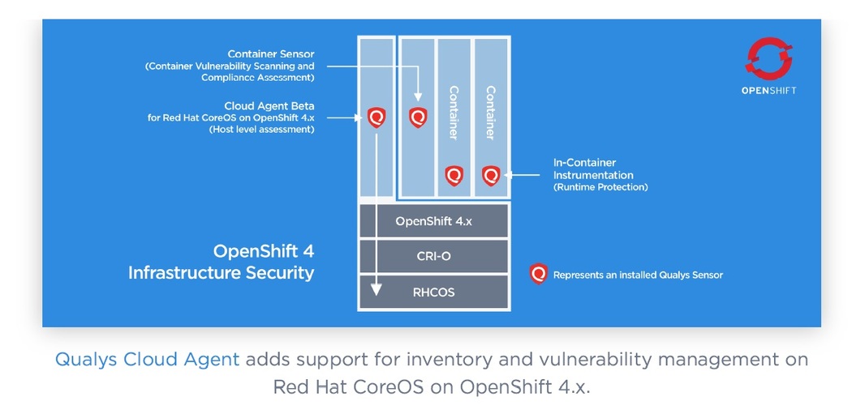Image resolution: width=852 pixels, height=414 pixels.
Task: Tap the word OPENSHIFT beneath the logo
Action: pyautogui.click(x=768, y=91)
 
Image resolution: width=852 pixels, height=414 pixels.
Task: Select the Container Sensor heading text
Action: pyautogui.click(x=271, y=54)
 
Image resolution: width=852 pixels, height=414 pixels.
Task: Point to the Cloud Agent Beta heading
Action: pyautogui.click(x=269, y=106)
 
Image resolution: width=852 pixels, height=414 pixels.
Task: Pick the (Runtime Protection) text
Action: pyautogui.click(x=600, y=187)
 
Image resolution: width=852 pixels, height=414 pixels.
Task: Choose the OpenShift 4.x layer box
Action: pyautogui.click(x=433, y=220)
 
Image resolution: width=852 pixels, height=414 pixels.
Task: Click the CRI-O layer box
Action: pyautogui.click(x=433, y=256)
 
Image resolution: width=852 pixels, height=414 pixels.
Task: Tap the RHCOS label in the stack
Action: pyautogui.click(x=433, y=292)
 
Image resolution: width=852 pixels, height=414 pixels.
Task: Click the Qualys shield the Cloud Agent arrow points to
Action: pyautogui.click(x=377, y=117)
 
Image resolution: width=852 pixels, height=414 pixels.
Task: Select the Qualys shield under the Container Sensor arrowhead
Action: pyautogui.click(x=417, y=117)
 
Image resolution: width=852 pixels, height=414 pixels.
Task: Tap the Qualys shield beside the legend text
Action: pyautogui.click(x=538, y=274)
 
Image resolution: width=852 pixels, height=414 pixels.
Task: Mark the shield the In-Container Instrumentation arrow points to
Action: pyautogui.click(x=491, y=175)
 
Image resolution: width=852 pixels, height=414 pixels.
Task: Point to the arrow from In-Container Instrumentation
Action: pyautogui.click(x=523, y=174)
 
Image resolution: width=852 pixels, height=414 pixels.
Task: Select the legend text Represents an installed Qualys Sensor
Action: pyautogui.click(x=638, y=275)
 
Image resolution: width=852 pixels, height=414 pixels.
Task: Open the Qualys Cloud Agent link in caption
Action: pyautogui.click(x=148, y=359)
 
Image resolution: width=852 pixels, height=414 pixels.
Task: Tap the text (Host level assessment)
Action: pyautogui.click(x=261, y=130)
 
